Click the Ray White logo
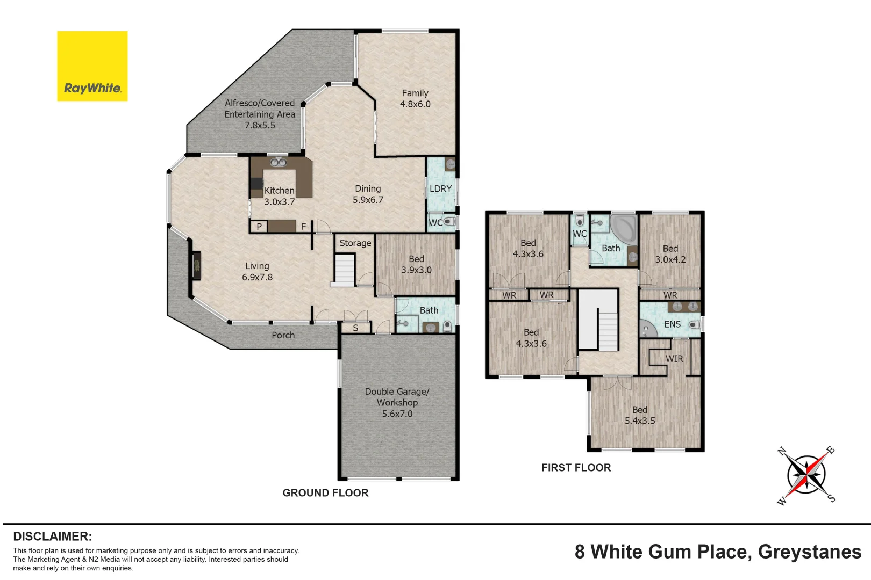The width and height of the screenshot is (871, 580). pos(92,66)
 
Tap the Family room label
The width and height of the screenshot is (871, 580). pos(415,93)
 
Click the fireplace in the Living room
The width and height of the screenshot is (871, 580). pos(196,265)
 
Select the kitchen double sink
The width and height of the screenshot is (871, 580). pos(278,162)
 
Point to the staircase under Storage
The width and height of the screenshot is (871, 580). pos(345,270)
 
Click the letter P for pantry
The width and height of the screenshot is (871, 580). pos(259,227)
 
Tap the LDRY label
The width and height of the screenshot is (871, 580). pos(440,189)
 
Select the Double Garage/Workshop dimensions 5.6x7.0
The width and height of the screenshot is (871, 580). pos(397,414)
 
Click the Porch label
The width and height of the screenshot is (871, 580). pos(283,335)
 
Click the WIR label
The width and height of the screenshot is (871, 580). pos(674,359)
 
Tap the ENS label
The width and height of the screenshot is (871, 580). pos(672,324)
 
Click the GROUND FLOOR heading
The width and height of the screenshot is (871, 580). pos(325,493)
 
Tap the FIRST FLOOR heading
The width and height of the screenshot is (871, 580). pos(576,468)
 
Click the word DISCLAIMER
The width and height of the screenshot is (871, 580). pos(52,536)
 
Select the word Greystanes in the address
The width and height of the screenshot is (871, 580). pos(809,552)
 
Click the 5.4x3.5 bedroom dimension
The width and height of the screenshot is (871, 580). pos(640,421)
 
